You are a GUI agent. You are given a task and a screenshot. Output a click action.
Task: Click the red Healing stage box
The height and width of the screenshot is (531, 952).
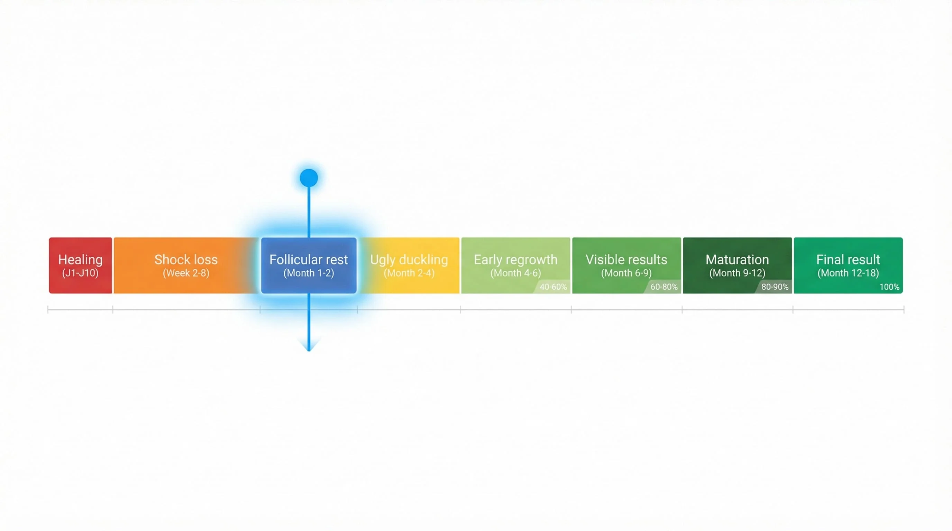tap(80, 265)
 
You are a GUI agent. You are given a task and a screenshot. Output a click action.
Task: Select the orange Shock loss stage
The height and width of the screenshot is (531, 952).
tap(186, 265)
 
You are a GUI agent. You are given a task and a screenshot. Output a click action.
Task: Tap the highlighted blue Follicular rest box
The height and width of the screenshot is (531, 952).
tap(309, 265)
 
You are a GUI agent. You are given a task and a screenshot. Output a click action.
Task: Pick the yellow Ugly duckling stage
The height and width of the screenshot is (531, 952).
tap(409, 265)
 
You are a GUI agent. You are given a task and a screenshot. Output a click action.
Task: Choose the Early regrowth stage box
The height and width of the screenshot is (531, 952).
tap(515, 265)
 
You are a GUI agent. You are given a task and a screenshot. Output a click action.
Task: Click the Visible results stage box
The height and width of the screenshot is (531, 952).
tap(626, 265)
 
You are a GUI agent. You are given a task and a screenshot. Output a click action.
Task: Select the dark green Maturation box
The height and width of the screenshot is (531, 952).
tap(737, 265)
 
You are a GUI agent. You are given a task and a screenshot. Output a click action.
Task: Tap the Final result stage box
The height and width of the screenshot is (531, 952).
tap(848, 265)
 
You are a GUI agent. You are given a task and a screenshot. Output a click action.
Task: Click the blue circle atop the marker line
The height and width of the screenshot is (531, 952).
tap(309, 178)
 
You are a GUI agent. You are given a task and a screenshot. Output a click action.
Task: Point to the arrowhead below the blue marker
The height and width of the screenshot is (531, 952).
tap(309, 345)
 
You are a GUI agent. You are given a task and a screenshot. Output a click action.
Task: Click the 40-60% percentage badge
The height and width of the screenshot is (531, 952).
tap(553, 287)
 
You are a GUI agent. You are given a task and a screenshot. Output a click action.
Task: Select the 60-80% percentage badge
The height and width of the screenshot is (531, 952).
tap(664, 287)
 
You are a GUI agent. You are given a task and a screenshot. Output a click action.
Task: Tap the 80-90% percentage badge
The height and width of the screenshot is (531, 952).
tap(775, 287)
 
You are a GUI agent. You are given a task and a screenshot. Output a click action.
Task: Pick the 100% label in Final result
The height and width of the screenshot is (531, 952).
tap(889, 287)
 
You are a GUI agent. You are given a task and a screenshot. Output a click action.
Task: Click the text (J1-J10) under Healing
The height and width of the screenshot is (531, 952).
tap(80, 273)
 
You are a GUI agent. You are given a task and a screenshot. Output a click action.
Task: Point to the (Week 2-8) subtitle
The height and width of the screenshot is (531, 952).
tap(186, 273)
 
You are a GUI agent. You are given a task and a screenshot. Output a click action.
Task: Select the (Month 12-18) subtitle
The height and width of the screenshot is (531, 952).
tap(848, 273)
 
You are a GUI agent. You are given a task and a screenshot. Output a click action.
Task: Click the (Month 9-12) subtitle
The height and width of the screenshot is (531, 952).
tap(737, 273)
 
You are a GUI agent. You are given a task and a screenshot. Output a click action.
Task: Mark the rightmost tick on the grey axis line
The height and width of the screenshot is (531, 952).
tap(904, 309)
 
